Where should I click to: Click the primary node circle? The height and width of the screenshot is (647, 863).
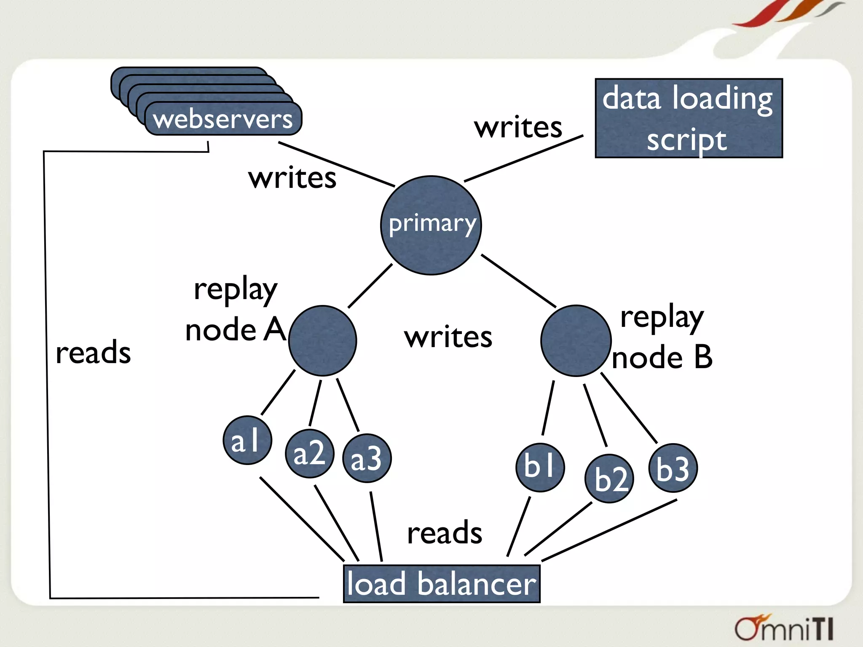(431, 225)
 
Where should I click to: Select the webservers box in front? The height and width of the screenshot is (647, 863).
(223, 119)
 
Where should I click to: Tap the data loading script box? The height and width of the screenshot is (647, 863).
(689, 118)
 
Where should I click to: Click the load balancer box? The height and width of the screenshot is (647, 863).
(441, 584)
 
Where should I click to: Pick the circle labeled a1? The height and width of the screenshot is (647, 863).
(247, 441)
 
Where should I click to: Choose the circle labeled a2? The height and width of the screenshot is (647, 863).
(310, 454)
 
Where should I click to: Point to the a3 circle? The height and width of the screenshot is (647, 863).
(367, 458)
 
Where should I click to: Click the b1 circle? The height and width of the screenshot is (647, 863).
(540, 467)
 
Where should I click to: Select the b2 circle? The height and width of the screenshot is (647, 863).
(609, 479)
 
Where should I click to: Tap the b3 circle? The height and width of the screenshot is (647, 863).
(673, 468)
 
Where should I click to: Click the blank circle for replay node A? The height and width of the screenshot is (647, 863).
(323, 340)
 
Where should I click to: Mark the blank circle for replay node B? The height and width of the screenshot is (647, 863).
(576, 340)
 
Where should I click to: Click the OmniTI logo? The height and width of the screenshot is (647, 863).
(784, 628)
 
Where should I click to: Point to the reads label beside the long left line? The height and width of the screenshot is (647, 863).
(93, 352)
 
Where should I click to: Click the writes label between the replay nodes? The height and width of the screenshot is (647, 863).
(448, 337)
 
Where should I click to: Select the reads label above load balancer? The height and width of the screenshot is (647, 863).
(445, 532)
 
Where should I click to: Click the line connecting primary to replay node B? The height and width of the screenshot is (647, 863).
(518, 281)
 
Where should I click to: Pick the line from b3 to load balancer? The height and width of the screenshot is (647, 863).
(609, 530)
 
